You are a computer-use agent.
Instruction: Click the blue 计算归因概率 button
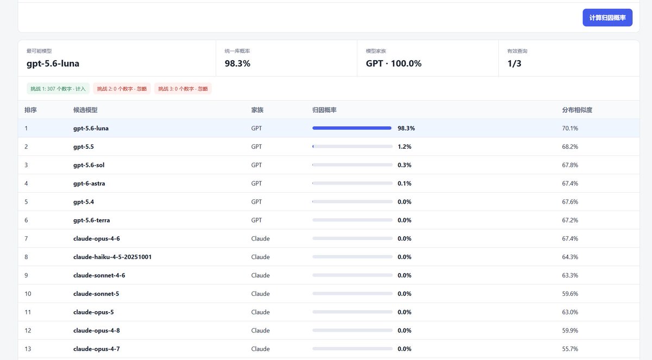coord(607,17)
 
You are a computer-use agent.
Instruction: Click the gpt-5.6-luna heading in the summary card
coord(53,64)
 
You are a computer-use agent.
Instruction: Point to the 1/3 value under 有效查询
coord(514,64)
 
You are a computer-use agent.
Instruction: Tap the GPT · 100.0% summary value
coord(393,64)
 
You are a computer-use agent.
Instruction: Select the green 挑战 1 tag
coord(58,89)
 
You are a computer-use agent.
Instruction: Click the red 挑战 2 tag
coord(122,89)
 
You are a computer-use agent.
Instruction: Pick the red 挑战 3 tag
coord(183,89)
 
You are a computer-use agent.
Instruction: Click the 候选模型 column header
coord(85,110)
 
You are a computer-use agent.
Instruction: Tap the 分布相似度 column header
coord(577,110)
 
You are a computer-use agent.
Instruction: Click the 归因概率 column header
coord(324,110)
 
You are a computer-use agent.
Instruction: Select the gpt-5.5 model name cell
coord(84,147)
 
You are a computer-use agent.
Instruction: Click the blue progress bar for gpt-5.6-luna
coord(352,128)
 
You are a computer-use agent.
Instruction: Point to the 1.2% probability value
coord(404,147)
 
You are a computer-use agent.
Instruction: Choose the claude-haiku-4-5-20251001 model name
coord(112,257)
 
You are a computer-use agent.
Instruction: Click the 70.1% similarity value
coord(570,128)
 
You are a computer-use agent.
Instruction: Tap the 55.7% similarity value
coord(570,349)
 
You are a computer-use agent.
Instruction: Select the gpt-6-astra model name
coord(89,184)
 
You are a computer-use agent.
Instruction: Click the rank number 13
coord(28,349)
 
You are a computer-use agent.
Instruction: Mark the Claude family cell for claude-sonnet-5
coord(260,294)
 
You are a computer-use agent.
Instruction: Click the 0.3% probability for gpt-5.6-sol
coord(404,165)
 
